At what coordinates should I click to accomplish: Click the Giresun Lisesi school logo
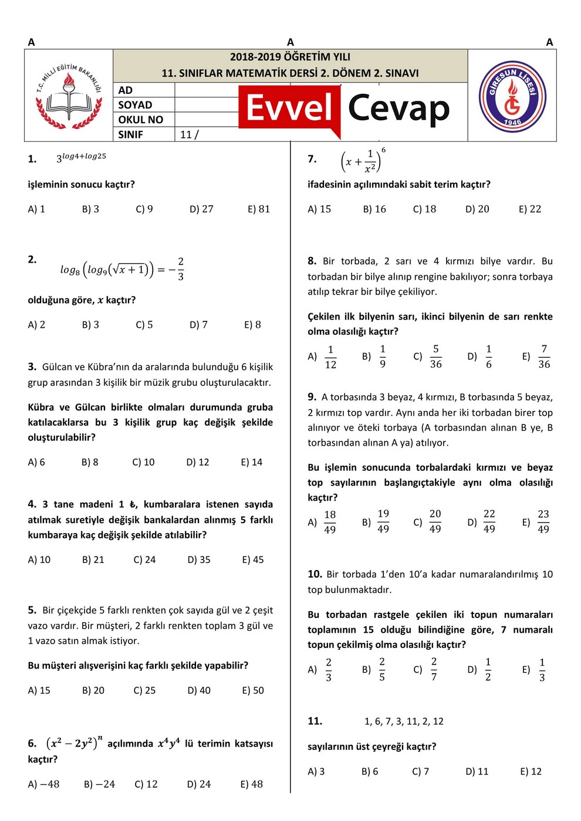tap(512, 96)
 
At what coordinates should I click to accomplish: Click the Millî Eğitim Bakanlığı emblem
tap(69, 96)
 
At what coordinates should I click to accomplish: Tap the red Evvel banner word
tap(289, 108)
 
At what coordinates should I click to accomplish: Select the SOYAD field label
tap(135, 105)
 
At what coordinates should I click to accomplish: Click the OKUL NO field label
tap(140, 120)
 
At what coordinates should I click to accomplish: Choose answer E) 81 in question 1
tap(259, 209)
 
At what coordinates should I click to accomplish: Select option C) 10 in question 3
tap(143, 462)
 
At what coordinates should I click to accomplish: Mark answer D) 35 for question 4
tap(199, 559)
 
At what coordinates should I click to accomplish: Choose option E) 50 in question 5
tap(253, 690)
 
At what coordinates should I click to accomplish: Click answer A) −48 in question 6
tap(43, 784)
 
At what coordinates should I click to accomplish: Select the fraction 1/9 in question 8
tap(383, 357)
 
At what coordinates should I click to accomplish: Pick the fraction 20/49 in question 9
tap(435, 521)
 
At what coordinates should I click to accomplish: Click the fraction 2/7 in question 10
tap(434, 669)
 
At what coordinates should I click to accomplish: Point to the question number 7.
tap(312, 159)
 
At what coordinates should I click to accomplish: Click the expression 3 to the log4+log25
tap(81, 157)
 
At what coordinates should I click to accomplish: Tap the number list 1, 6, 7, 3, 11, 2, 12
tap(404, 721)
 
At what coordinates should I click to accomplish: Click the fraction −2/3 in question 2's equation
tap(177, 269)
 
